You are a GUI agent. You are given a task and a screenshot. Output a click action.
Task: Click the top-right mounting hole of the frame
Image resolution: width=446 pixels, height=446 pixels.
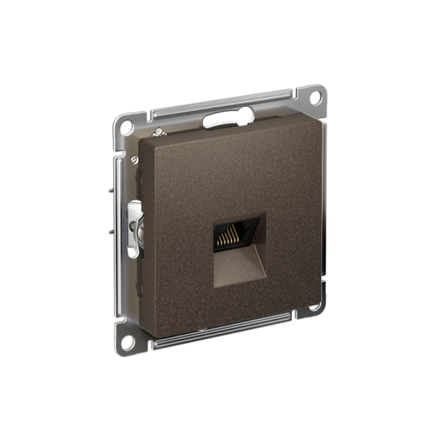click(x=315, y=96)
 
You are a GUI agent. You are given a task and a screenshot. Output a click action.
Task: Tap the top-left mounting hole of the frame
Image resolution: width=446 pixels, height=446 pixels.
click(x=127, y=127)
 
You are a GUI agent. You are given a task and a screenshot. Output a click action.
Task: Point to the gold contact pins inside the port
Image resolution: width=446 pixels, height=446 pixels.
click(x=227, y=236)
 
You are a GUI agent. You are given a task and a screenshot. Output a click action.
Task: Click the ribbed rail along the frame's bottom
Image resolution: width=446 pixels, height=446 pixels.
click(x=223, y=334)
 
